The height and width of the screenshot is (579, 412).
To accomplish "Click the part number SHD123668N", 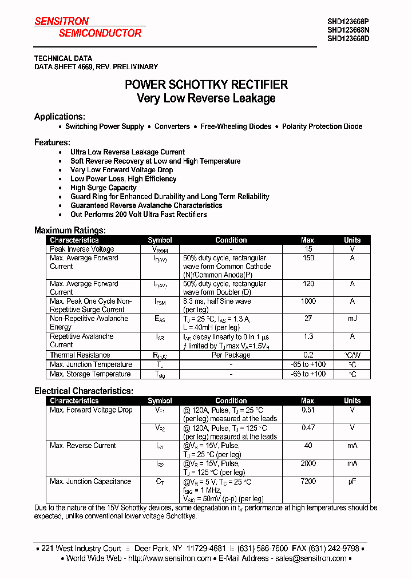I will (x=348, y=30).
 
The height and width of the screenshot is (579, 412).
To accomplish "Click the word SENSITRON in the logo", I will (x=62, y=22).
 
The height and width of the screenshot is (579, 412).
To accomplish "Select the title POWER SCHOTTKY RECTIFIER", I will (x=206, y=85).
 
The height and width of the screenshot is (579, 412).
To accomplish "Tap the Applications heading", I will (x=60, y=116).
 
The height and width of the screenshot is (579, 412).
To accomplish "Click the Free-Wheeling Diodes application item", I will (x=236, y=126).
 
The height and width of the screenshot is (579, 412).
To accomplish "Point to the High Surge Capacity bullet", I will (x=103, y=188).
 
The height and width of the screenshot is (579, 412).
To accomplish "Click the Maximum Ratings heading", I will (x=69, y=231).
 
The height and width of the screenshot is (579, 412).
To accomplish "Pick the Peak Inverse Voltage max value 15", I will (x=308, y=249).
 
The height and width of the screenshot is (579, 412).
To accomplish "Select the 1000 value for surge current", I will (x=308, y=302).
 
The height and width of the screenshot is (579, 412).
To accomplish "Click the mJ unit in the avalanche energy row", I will (x=352, y=319).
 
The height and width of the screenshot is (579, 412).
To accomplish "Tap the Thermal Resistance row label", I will (x=80, y=355).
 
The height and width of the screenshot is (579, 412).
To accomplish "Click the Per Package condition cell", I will (x=231, y=355).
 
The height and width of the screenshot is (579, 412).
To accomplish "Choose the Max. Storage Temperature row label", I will (x=90, y=374).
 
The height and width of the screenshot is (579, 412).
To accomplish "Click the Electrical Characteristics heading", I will (x=84, y=391).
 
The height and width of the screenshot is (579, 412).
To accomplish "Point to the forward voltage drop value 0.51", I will (x=308, y=410).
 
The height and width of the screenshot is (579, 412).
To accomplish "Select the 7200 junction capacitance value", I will (x=308, y=482).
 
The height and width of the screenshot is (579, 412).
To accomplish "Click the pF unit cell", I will (x=352, y=482).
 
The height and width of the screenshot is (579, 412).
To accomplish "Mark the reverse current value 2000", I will (x=308, y=463).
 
